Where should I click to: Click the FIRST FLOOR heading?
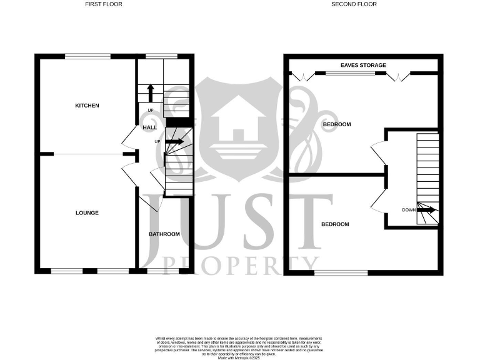(x=104, y=4)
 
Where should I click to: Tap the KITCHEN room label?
(x=87, y=106)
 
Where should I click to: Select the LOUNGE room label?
(x=87, y=213)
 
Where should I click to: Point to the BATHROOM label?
(x=164, y=234)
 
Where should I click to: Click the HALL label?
(x=150, y=127)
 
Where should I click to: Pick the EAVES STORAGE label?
(x=363, y=65)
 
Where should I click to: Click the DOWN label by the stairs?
(x=409, y=211)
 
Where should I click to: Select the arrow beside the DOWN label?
(x=427, y=211)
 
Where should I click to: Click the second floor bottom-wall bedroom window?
(x=341, y=272)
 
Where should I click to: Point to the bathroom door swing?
(x=152, y=201)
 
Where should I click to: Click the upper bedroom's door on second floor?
(x=378, y=151)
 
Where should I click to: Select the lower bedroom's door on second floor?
(x=377, y=199)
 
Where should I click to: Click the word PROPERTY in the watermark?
(x=241, y=264)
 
